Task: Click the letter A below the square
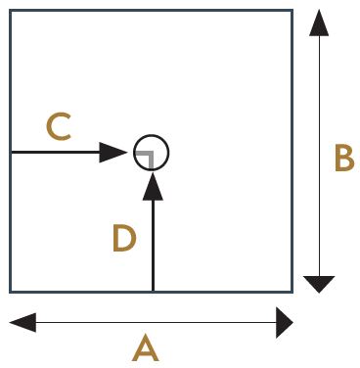(x=146, y=348)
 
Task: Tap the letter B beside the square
(x=344, y=159)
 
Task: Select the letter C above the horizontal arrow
(x=60, y=127)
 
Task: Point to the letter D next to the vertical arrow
(x=124, y=239)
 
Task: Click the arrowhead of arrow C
(x=112, y=153)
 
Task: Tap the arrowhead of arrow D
(x=153, y=186)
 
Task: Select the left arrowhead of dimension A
(x=22, y=323)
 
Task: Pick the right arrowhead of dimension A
(x=285, y=323)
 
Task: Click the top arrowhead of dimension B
(x=319, y=23)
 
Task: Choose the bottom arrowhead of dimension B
(x=319, y=284)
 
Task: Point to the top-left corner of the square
(x=11, y=11)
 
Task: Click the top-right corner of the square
(x=292, y=11)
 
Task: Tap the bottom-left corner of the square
(x=11, y=291)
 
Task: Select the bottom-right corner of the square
(x=292, y=291)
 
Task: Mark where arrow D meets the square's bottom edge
(x=153, y=291)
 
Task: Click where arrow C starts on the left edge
(x=12, y=153)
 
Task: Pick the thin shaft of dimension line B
(x=319, y=156)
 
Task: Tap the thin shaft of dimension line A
(x=156, y=323)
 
